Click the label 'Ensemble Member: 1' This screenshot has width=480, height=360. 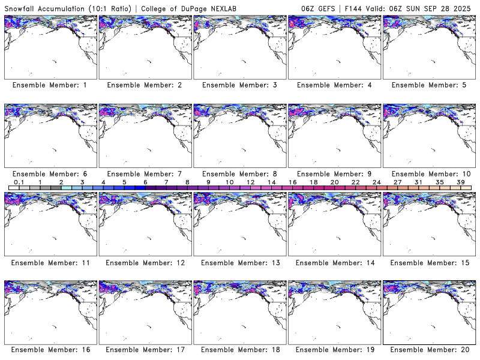tap(50, 85)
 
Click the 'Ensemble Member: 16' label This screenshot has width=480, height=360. tap(50, 350)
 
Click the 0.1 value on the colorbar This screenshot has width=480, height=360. tap(19, 182)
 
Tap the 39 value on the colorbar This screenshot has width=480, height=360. tap(461, 182)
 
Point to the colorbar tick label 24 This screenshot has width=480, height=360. tap(377, 182)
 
